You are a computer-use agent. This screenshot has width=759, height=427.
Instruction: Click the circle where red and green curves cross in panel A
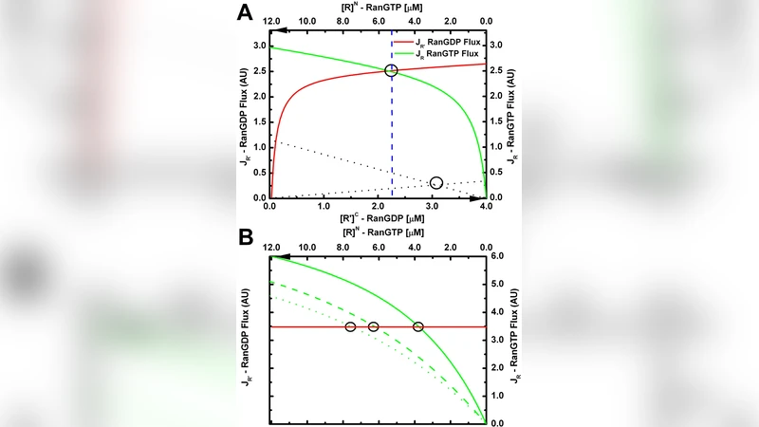coord(391,71)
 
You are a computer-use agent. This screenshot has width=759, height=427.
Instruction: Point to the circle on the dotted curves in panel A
coord(435,182)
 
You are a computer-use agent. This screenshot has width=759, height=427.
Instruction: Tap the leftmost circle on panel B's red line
coord(350,327)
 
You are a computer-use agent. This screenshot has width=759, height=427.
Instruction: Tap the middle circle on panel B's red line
coord(373,327)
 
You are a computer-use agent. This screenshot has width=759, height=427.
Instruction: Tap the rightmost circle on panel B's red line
coord(417,327)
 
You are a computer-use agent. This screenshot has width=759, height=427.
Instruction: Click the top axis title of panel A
coord(379,8)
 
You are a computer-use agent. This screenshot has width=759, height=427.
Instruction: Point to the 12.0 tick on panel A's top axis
coord(271,19)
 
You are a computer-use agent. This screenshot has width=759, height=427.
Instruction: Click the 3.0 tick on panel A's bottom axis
coord(433,206)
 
